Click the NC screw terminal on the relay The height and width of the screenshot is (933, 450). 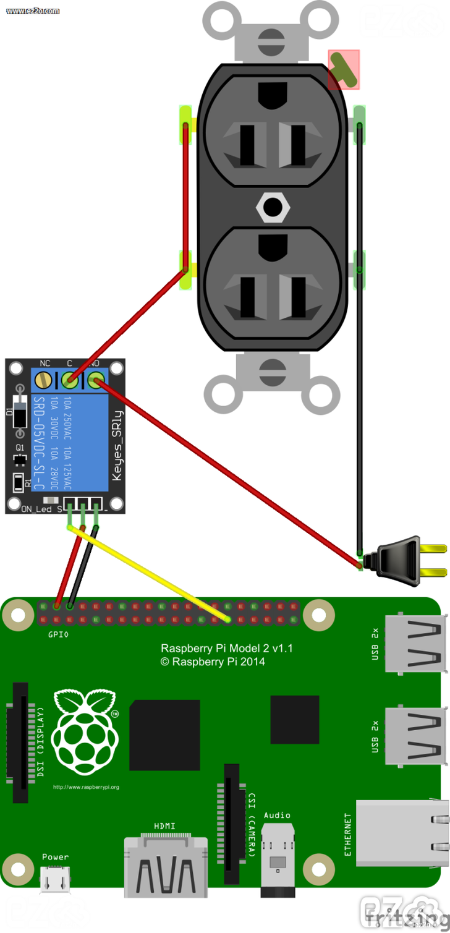(x=43, y=378)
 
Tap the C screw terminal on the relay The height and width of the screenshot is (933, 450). (x=69, y=378)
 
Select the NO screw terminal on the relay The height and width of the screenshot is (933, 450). (x=95, y=378)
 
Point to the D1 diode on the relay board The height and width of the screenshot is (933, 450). (x=20, y=412)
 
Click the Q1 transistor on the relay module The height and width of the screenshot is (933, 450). (x=20, y=459)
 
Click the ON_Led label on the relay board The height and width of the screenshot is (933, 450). (x=36, y=509)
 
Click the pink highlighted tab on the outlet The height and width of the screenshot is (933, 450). (x=344, y=69)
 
